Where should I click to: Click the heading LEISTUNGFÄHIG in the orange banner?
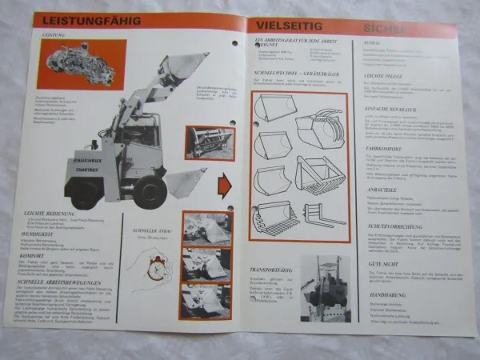(x=82, y=21)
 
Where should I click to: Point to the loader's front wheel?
(x=149, y=193)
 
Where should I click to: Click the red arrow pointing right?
(x=225, y=189)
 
